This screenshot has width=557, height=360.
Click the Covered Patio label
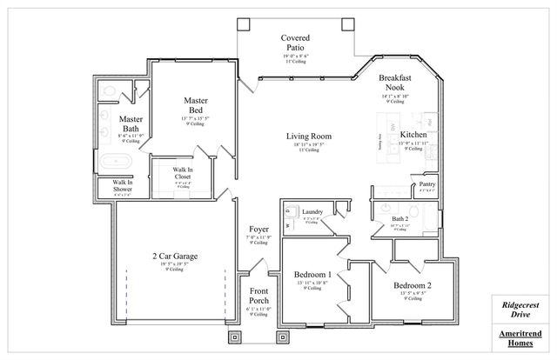295,43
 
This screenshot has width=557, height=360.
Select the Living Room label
309,137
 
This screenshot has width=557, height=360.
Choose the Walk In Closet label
182,173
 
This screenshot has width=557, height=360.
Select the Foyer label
258,229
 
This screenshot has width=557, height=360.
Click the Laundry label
312,211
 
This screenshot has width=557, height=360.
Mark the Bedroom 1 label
313,274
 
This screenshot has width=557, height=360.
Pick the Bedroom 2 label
412,285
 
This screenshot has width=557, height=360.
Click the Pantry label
426,184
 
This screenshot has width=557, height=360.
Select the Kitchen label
412,136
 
